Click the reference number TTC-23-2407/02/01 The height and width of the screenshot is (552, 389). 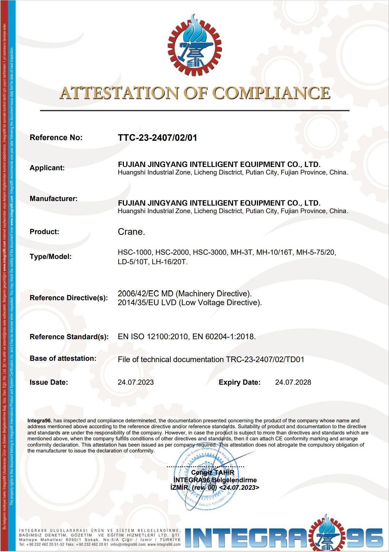(x=157, y=138)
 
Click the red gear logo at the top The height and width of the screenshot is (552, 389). (x=194, y=46)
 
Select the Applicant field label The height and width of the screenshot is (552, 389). (x=47, y=168)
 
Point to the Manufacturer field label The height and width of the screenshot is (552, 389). (x=54, y=199)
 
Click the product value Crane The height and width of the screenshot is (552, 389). (x=131, y=232)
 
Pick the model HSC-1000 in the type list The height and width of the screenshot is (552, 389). (x=135, y=252)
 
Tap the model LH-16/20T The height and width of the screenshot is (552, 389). (x=169, y=262)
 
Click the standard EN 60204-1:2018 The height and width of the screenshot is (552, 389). (x=224, y=337)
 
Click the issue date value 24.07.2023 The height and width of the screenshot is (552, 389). (x=136, y=382)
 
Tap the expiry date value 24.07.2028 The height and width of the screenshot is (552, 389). (x=293, y=382)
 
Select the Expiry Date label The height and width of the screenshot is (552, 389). (x=239, y=382)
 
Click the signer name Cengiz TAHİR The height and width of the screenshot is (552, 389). (x=212, y=472)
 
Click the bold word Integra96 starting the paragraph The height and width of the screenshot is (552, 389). (x=39, y=421)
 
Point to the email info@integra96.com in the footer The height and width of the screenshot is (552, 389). (x=128, y=544)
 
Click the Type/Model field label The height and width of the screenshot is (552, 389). (x=50, y=257)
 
